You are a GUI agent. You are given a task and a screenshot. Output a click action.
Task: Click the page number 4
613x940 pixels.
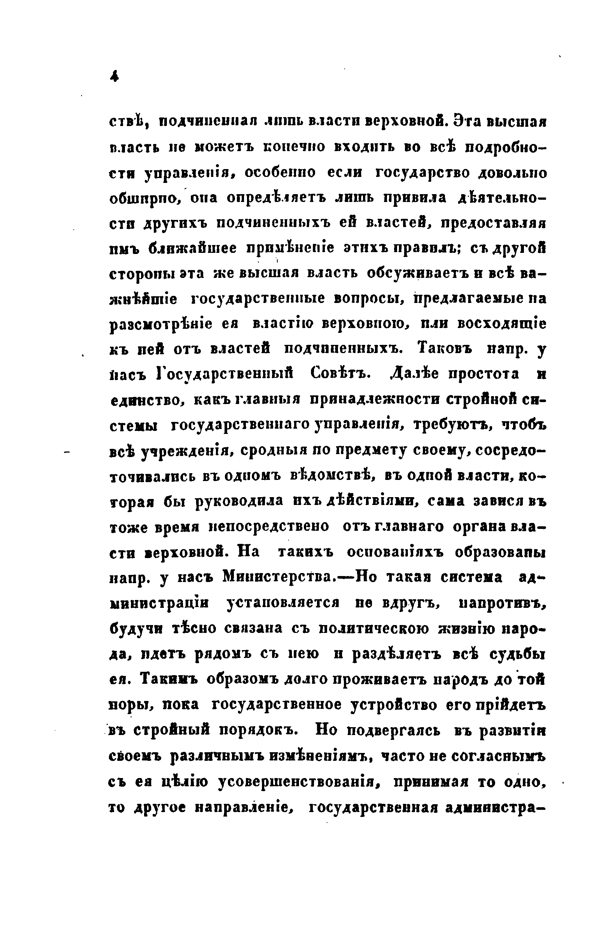pyautogui.click(x=115, y=76)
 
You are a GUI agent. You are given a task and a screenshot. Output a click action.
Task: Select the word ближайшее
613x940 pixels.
pyautogui.click(x=192, y=248)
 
